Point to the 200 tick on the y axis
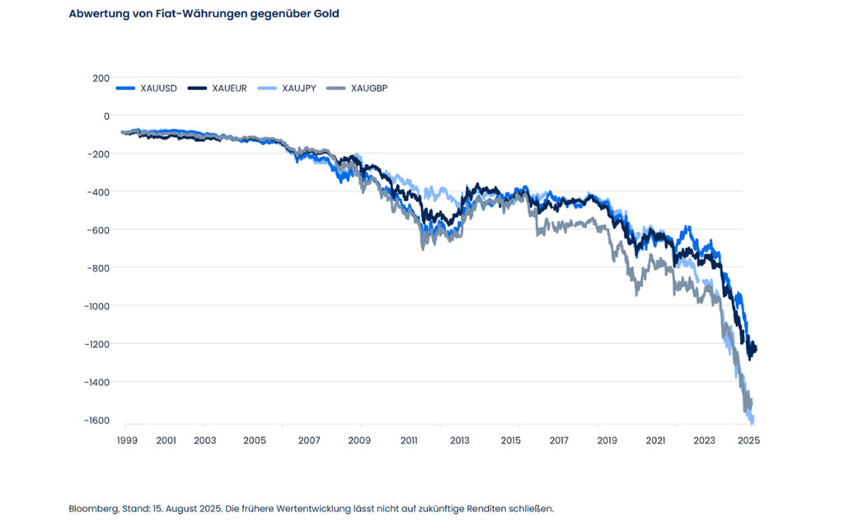coord(101,78)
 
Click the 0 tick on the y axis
coord(105,115)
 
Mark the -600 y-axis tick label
coord(97,229)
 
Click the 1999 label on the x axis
coord(126,441)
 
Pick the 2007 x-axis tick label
coord(309,441)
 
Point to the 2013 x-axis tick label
coord(459,441)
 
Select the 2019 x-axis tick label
coord(607,441)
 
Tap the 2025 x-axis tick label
coord(748,441)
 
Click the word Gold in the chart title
coord(325,14)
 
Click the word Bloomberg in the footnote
coord(93,508)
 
